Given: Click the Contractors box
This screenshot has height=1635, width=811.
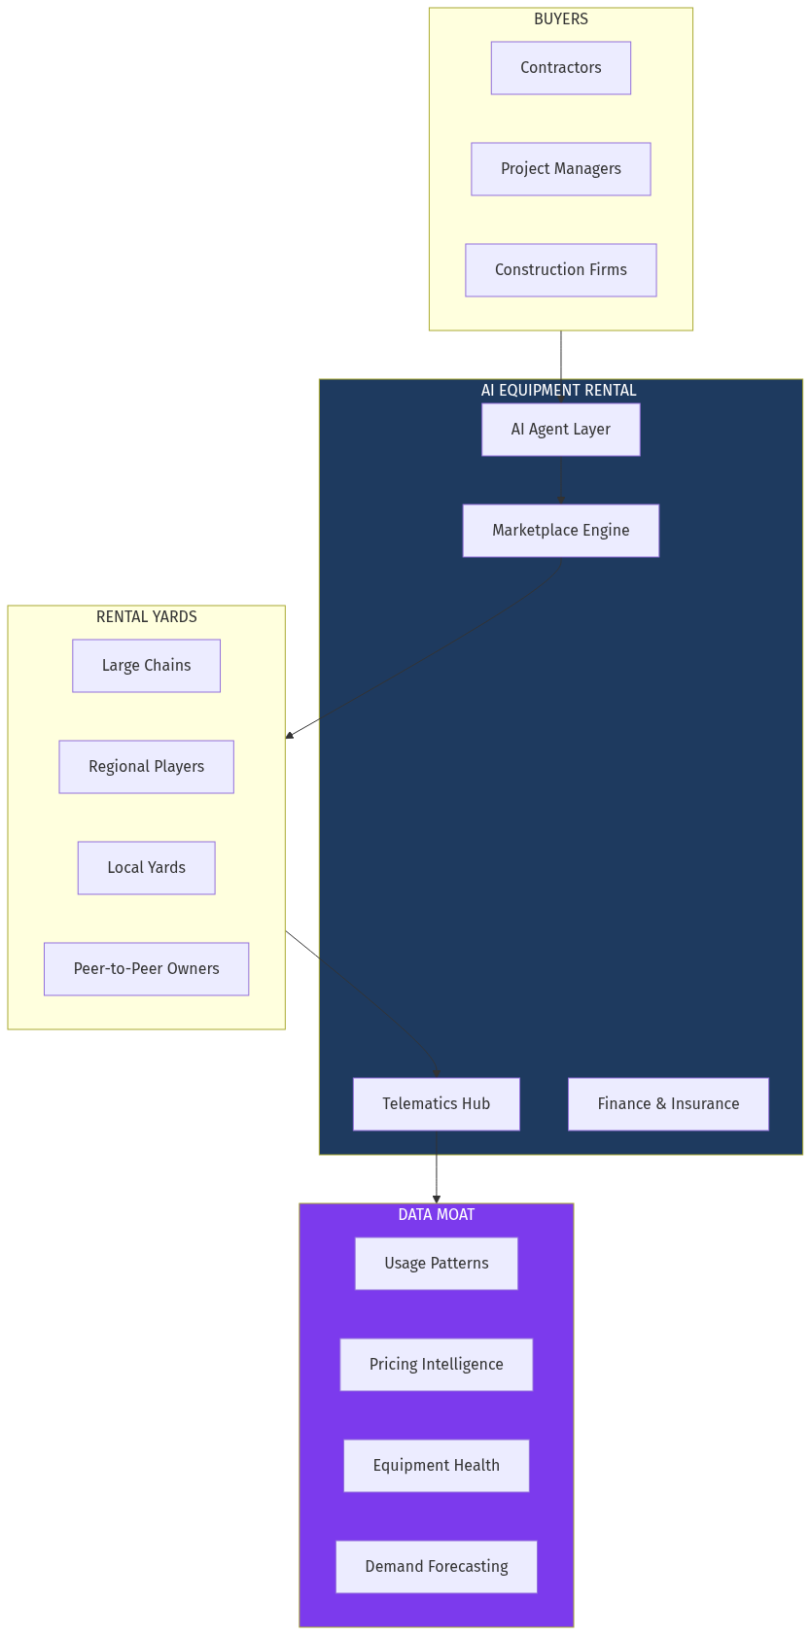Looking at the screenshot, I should pos(561,68).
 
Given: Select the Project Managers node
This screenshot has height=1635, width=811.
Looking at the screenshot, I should pos(561,169).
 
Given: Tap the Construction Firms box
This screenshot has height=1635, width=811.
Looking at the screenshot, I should pos(561,270).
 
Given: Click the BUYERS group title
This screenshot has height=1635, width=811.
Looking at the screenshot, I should pos(561,19).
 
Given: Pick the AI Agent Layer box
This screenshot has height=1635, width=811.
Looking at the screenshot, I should pos(561,430).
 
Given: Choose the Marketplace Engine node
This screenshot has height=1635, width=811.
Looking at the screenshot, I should pos(561,531).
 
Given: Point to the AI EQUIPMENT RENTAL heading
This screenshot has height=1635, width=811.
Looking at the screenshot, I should pos(559,391).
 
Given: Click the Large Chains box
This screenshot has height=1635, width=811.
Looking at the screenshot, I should pos(147,666).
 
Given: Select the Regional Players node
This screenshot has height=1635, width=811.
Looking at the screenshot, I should pos(147,767).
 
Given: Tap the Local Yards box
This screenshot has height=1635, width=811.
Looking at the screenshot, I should pos(147,868).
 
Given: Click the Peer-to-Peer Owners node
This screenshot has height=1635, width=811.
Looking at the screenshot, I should pos(147,969).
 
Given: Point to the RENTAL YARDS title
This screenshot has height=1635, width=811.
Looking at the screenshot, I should pos(147,617).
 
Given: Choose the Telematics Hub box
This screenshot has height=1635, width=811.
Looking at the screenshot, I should pos(437,1104).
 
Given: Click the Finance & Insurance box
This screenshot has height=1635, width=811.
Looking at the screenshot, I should pos(669,1104).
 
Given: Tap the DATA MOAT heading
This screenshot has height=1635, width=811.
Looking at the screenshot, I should pos(437,1215).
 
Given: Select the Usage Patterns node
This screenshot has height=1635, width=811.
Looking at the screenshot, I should pos(437,1264).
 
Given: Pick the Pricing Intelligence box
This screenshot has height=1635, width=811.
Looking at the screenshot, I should pos(437,1365).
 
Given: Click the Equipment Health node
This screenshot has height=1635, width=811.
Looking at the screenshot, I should pos(437,1466).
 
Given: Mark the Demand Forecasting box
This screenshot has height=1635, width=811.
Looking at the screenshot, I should pos(437,1567).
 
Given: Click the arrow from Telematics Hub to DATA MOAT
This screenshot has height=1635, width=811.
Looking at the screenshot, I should pos(437,1167).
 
